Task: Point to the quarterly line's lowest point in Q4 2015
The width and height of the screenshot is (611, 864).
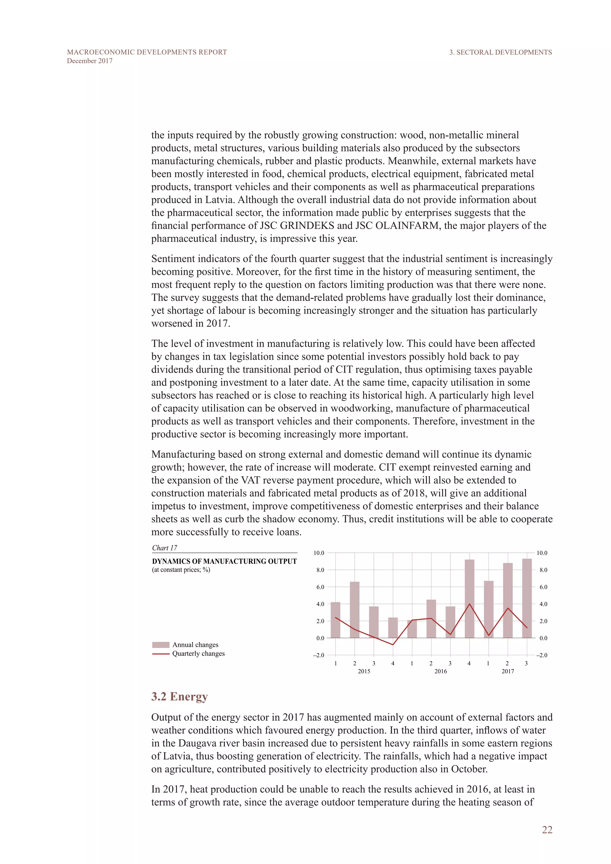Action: [x=393, y=645]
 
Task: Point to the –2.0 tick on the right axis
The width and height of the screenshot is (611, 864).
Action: [x=542, y=655]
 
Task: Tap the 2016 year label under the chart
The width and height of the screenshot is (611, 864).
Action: [x=441, y=671]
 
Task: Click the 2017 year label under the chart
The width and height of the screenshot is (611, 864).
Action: [x=507, y=671]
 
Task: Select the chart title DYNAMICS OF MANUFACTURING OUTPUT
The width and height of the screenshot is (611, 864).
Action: [x=224, y=561]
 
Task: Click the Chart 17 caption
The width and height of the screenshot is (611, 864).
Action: [x=164, y=548]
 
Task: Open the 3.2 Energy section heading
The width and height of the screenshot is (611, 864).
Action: [x=180, y=697]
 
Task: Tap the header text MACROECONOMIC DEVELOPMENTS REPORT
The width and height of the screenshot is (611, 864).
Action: [x=147, y=52]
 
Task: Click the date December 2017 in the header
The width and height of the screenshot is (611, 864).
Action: [x=90, y=61]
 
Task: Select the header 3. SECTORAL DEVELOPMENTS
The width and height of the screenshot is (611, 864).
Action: [x=500, y=52]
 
